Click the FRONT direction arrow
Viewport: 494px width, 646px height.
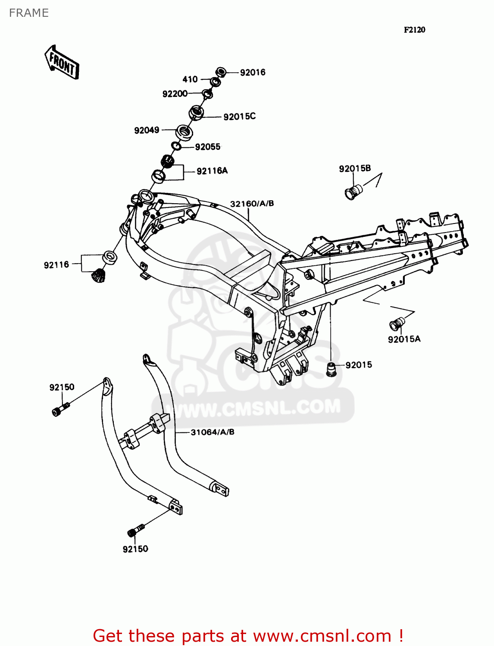point(62,63)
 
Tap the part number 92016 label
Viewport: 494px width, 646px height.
point(253,73)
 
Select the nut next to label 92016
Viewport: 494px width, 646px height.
point(221,72)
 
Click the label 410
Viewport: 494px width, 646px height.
point(190,79)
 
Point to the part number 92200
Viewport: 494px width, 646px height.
point(175,94)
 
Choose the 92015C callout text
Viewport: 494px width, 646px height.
point(239,117)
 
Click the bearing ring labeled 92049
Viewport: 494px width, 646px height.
point(184,132)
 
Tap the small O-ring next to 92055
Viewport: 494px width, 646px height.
point(176,146)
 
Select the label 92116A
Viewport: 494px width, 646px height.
point(212,171)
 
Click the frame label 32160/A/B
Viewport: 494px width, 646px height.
point(252,204)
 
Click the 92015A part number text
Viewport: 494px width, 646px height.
point(404,339)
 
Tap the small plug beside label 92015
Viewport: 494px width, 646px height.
point(331,369)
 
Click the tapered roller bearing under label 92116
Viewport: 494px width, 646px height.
point(99,275)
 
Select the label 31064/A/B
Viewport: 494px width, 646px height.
point(213,432)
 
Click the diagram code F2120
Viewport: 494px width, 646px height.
point(414,30)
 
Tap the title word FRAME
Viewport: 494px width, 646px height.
point(29,13)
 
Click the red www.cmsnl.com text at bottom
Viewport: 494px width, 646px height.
point(322,636)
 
